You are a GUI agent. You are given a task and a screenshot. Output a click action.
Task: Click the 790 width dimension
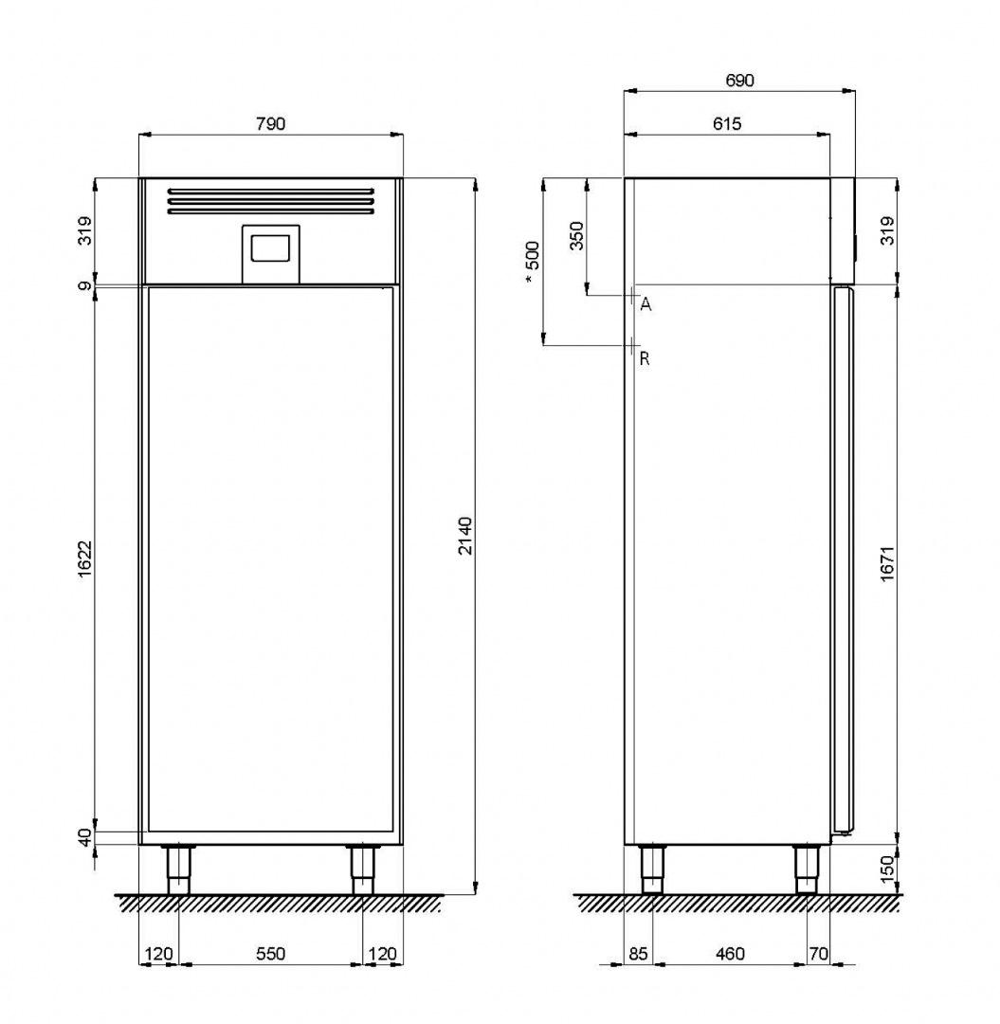coord(270,123)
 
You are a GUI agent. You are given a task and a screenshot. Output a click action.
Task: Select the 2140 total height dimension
coord(464,536)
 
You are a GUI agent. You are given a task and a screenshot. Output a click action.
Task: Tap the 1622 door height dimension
coord(85,558)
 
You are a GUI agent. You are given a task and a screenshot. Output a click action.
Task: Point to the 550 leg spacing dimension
coord(270,954)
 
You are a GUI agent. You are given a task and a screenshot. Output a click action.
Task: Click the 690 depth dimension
coord(739,81)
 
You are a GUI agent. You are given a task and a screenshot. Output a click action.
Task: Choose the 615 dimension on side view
coord(727,123)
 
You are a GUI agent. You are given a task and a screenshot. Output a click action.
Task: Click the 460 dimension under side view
coord(730,954)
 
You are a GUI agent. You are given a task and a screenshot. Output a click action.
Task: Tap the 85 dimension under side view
coord(638,954)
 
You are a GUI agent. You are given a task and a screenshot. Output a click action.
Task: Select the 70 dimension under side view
coord(819,954)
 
